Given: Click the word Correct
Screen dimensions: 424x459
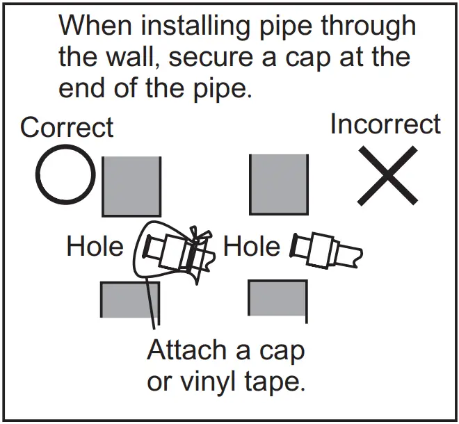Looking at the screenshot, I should pos(67,128).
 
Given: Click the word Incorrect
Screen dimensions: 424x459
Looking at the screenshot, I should pos(385,124).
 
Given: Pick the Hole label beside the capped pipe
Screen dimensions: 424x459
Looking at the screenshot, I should pos(95,246).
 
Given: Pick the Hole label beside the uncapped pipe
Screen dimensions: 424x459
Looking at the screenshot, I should pos(251,246).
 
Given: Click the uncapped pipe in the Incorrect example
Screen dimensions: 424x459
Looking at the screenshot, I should pos(325,250).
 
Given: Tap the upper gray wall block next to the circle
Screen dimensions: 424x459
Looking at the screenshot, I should pos(131,186).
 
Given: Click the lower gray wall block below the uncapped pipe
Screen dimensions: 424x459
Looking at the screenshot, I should pos(277,297).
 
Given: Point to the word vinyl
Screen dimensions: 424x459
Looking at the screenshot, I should pos(223,381).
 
